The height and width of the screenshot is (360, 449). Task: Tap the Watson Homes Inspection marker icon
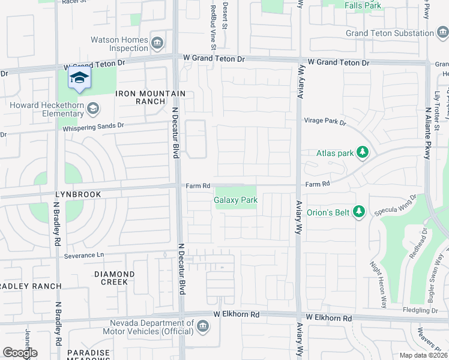[x=157, y=43]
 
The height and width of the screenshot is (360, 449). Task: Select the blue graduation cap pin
[x=79, y=79]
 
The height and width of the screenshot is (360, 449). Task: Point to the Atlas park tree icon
[x=362, y=153]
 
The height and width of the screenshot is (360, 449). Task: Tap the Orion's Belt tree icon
[x=358, y=211]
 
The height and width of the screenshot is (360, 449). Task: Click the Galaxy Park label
[x=236, y=200]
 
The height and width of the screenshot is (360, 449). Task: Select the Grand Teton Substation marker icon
[x=442, y=33]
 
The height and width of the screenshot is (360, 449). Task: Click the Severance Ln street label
[x=84, y=255]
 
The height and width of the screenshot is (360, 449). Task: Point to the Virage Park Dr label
[x=325, y=122]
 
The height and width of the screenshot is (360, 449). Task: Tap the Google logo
[x=20, y=353]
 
